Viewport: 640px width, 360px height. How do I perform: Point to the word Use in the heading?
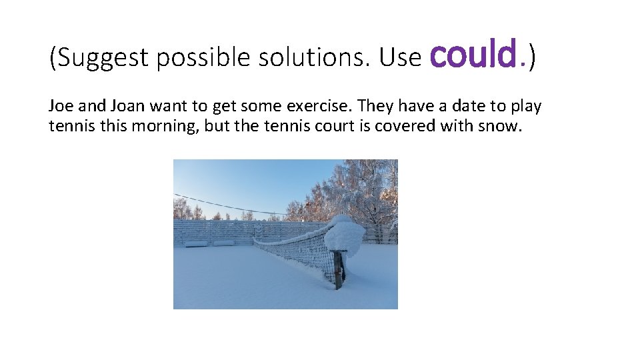400,58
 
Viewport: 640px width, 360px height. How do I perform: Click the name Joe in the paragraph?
59,106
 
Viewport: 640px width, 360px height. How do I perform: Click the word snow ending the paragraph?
496,125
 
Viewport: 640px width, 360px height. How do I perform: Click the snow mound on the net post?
344,236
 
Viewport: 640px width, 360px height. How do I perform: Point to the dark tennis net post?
339,271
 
